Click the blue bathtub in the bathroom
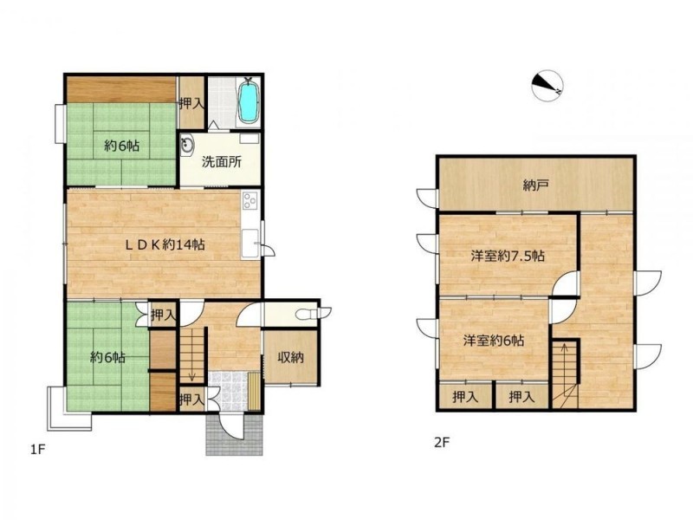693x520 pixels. coord(248,101)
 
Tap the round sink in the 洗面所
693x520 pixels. coord(187,145)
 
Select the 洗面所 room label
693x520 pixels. coord(222,162)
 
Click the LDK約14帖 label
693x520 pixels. coord(165,244)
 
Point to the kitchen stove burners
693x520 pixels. coord(249,200)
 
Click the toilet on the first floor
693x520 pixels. coord(313,314)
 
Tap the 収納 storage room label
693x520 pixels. coord(291,357)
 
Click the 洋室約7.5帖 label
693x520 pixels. coord(508,256)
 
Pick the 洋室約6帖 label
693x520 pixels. coord(494,341)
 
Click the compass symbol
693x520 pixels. coord(547,85)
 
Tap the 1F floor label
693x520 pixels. coord(38,450)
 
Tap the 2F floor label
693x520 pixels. coord(442,442)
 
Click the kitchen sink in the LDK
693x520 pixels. coord(249,244)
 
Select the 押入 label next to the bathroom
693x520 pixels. coord(191,103)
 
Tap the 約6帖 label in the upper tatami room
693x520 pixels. coord(122,145)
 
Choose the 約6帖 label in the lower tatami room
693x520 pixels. coord(107,357)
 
